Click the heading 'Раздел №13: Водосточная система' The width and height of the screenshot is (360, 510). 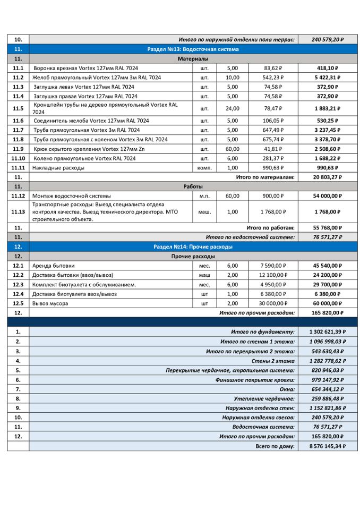tap(193, 49)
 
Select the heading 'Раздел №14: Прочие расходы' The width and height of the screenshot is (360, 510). tap(193, 247)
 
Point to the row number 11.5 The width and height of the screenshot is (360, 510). tap(18, 108)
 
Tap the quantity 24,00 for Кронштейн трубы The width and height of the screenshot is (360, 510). tap(233, 108)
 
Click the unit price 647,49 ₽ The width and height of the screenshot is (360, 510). tap(273, 130)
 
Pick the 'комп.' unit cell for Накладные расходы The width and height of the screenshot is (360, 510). tap(204, 168)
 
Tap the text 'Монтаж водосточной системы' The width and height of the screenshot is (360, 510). tap(72, 195)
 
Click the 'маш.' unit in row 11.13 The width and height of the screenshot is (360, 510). tap(204, 211)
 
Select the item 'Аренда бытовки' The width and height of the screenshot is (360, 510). tap(54, 266)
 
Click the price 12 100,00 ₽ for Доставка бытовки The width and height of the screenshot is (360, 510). tap(273, 275)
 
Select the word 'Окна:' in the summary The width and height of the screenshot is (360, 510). tap(286, 389)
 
